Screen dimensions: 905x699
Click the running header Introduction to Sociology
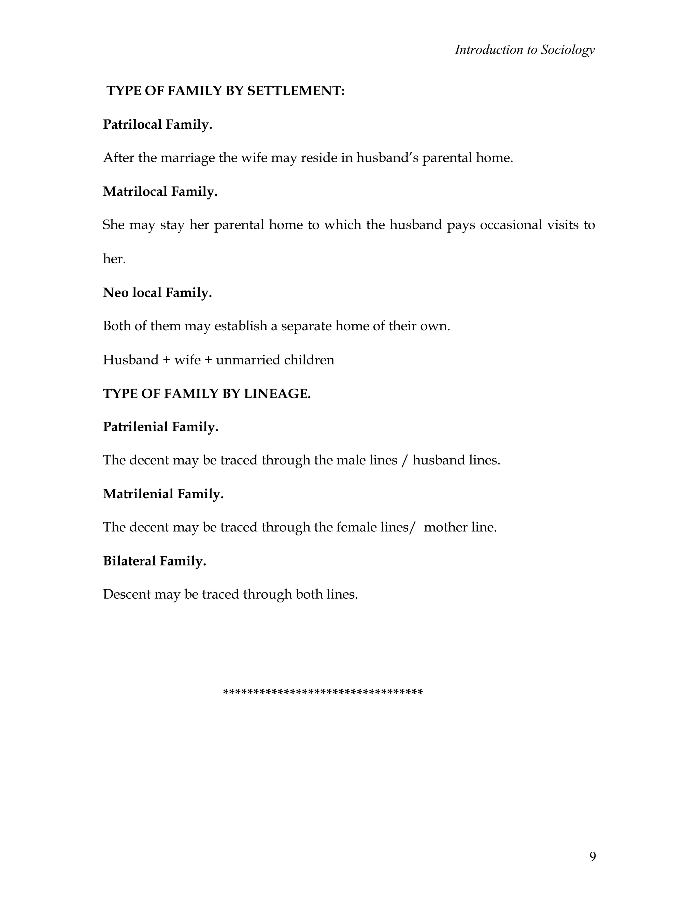point(524,50)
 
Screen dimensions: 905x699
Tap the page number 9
point(592,856)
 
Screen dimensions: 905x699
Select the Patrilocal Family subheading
point(157,124)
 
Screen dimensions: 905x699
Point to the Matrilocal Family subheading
point(160,192)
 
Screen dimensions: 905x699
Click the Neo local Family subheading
point(157,293)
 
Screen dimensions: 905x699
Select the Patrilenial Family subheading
point(160,427)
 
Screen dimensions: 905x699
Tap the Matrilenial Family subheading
point(163,494)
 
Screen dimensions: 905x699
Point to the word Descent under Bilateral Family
point(126,594)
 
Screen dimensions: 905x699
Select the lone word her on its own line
point(114,259)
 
